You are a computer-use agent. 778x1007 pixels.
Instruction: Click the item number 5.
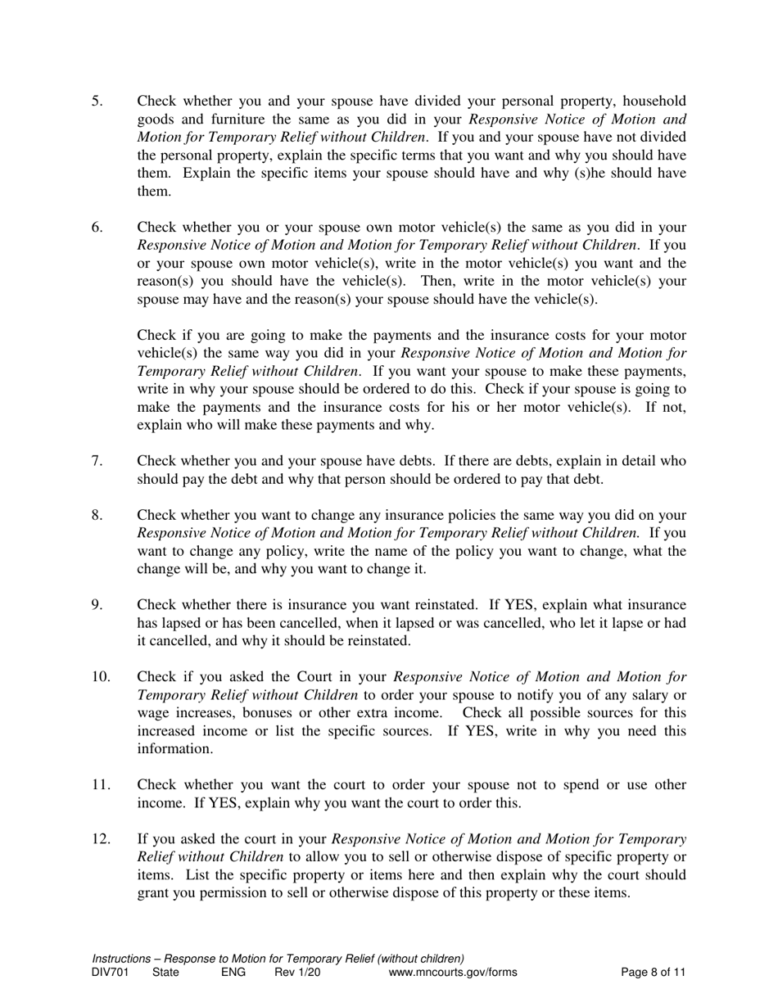pos(97,102)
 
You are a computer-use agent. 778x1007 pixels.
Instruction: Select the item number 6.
pos(97,227)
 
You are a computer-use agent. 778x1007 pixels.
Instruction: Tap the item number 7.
pos(97,461)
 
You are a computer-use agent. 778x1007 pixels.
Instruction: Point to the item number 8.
pos(97,515)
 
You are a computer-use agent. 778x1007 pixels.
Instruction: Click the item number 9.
pos(97,605)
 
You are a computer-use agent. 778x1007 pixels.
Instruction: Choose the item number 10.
pos(100,677)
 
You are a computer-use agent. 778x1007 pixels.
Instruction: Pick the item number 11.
pos(100,785)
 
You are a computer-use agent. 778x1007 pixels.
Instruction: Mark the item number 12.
pos(100,839)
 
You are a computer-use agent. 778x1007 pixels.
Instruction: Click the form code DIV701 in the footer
pos(111,973)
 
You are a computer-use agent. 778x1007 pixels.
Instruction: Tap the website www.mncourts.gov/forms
pos(453,973)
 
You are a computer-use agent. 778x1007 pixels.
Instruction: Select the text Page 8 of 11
pos(653,973)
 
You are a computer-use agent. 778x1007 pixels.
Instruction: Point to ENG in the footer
pos(233,973)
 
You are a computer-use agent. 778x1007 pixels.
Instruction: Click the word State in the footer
pos(166,973)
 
